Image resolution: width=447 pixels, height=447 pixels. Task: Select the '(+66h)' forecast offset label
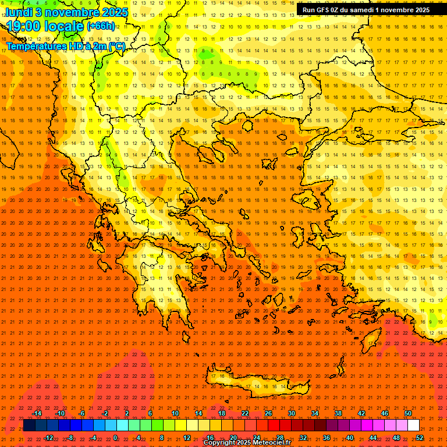click(101, 27)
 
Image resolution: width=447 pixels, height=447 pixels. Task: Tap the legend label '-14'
click(37, 413)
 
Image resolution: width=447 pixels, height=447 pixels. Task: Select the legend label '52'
click(419, 438)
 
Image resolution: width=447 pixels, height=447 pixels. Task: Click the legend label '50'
click(407, 413)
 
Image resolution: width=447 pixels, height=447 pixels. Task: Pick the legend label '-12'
click(48, 438)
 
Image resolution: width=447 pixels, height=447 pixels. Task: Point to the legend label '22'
click(245, 413)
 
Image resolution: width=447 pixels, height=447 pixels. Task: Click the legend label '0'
click(115, 438)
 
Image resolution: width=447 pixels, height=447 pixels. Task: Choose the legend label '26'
click(268, 413)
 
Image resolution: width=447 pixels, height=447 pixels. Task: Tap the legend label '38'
click(338, 413)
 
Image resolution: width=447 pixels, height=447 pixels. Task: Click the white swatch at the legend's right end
click(413, 425)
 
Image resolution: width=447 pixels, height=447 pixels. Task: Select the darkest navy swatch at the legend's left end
click(29, 425)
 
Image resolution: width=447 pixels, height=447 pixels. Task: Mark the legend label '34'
click(314, 413)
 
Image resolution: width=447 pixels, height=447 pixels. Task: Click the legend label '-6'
click(81, 413)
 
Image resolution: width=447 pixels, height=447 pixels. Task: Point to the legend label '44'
click(372, 438)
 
